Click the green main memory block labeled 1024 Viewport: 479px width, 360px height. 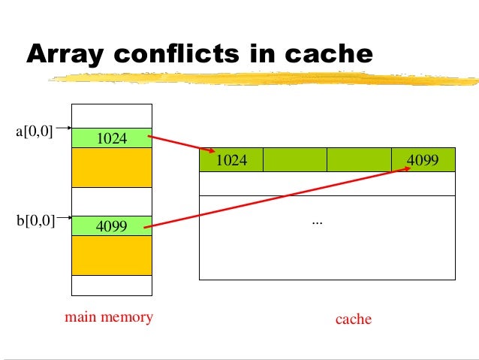pyautogui.click(x=112, y=138)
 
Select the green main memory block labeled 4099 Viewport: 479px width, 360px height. pyautogui.click(x=112, y=225)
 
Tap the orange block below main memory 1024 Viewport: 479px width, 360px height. pyautogui.click(x=112, y=166)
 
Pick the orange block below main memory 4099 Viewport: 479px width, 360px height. pyautogui.click(x=112, y=255)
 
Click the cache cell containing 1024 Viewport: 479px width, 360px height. pyautogui.click(x=230, y=160)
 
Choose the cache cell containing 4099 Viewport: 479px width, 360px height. pyautogui.click(x=423, y=160)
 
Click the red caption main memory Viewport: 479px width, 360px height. pyautogui.click(x=109, y=317)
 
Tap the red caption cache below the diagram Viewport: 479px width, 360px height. pyautogui.click(x=354, y=319)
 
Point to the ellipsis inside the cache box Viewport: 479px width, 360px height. pyautogui.click(x=316, y=222)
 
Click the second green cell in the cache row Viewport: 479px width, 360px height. pyautogui.click(x=295, y=160)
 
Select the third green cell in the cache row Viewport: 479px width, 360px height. pyautogui.click(x=359, y=160)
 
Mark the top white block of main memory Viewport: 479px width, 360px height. pyautogui.click(x=112, y=116)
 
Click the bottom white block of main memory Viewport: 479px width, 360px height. pyautogui.click(x=112, y=286)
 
